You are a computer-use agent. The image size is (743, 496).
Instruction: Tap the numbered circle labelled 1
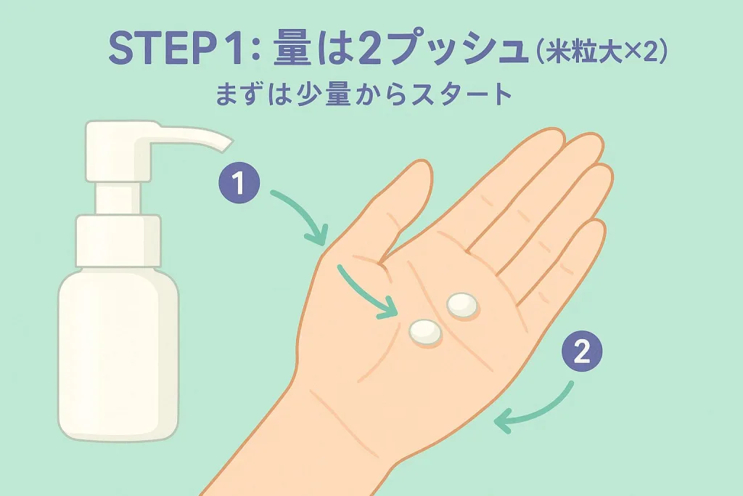tap(239, 183)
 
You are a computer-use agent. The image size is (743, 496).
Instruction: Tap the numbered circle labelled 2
tap(582, 351)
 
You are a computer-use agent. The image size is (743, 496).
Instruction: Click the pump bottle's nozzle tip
tap(227, 146)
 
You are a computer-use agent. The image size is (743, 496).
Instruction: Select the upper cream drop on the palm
tap(462, 304)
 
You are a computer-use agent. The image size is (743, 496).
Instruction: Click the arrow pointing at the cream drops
tap(365, 293)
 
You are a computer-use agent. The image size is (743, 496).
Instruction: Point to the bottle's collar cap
tap(118, 241)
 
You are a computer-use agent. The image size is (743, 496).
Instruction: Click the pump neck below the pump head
tap(118, 198)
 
